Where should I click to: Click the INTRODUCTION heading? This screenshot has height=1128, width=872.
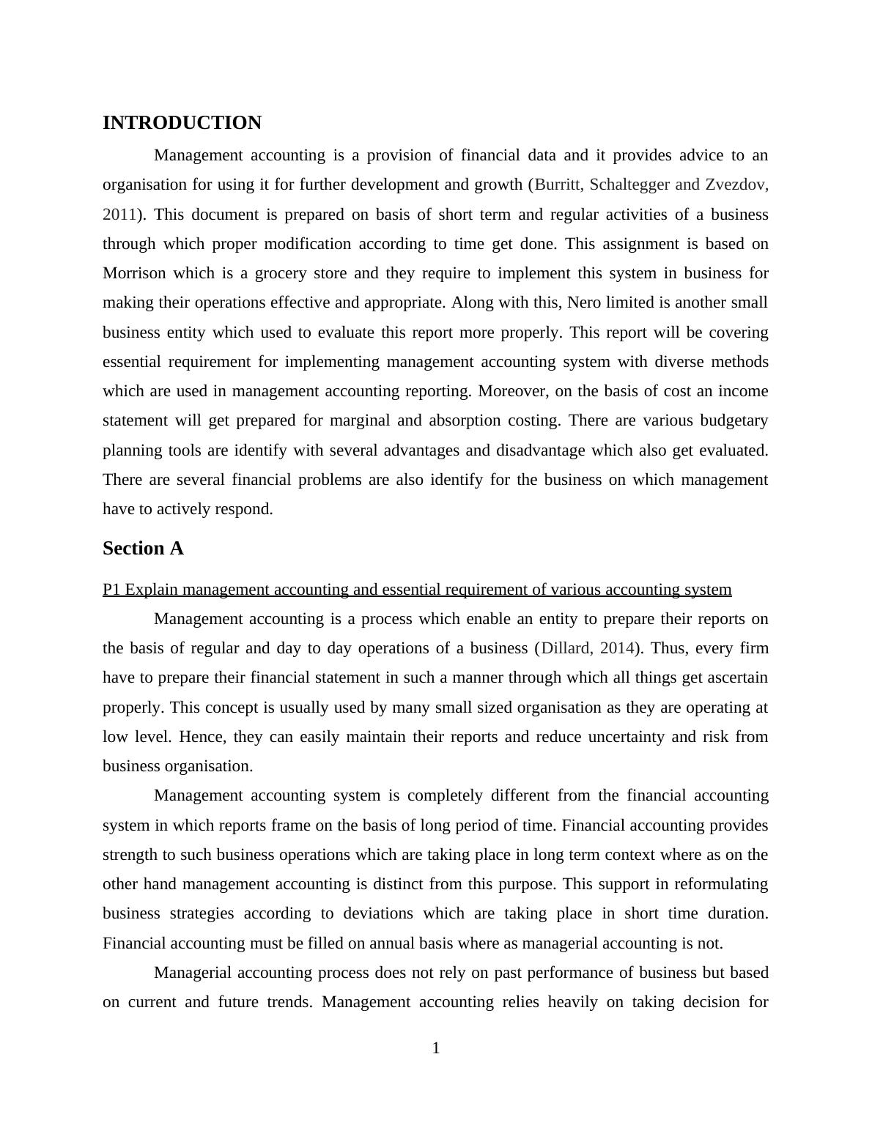tap(182, 123)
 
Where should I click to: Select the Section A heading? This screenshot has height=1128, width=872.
tap(143, 549)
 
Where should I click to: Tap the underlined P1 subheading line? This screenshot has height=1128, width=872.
tap(417, 590)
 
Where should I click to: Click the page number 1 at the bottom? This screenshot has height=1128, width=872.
tap(436, 1048)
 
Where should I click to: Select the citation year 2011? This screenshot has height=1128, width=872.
tap(119, 215)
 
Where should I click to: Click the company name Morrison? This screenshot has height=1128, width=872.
tap(134, 273)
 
